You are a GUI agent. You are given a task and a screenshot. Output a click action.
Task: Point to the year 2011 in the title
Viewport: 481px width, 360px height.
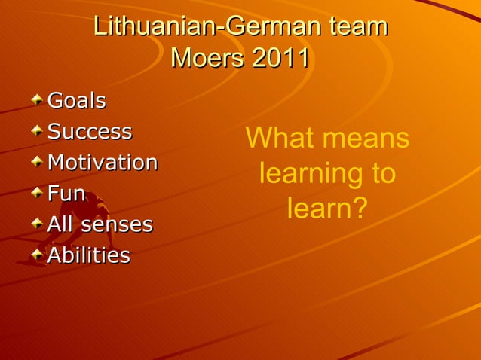280,58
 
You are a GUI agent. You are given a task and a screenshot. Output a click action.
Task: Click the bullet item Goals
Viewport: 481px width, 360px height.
76,100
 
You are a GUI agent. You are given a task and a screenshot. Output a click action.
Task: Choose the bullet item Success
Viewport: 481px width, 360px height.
90,131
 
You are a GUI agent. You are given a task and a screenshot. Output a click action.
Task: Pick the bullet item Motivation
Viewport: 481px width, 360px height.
103,162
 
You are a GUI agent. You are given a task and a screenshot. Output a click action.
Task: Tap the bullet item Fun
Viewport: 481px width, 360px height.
66,194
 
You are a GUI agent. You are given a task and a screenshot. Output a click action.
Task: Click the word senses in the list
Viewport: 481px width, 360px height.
122,224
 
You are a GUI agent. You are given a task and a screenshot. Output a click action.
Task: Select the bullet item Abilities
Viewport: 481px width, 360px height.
88,255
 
